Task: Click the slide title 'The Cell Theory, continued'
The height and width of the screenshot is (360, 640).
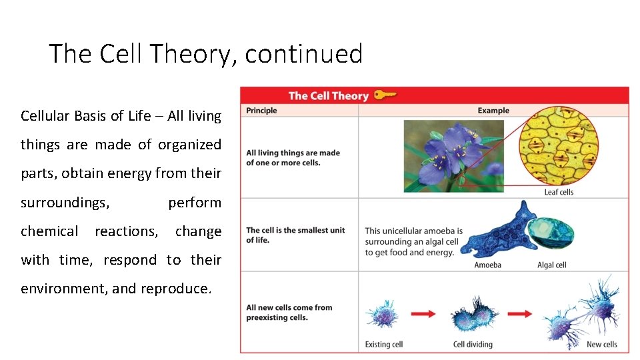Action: pyautogui.click(x=205, y=53)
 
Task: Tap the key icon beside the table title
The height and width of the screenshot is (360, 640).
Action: pyautogui.click(x=385, y=95)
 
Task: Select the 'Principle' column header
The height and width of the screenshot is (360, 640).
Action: pyautogui.click(x=261, y=111)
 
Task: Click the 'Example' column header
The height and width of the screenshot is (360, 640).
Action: pyautogui.click(x=493, y=111)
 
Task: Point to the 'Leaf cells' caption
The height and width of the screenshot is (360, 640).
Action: pyautogui.click(x=558, y=192)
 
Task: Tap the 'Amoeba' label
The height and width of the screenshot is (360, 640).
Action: pyautogui.click(x=487, y=265)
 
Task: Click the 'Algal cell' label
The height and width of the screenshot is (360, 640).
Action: pyautogui.click(x=551, y=265)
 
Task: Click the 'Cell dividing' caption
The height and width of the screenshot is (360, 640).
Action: pyautogui.click(x=473, y=345)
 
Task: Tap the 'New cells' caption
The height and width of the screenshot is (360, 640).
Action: pyautogui.click(x=601, y=345)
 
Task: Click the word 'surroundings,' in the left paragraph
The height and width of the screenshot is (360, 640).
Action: pyautogui.click(x=65, y=203)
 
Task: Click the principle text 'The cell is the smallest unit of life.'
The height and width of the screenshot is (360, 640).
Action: pyautogui.click(x=295, y=235)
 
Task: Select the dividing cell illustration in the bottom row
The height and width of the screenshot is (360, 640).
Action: pyautogui.click(x=474, y=314)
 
